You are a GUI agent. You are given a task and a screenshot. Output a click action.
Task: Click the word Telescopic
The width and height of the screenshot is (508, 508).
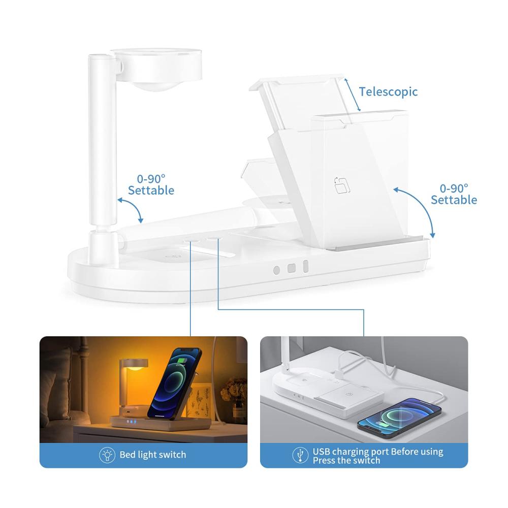388,91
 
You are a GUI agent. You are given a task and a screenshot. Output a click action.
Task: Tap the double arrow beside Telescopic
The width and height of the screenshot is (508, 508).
352,94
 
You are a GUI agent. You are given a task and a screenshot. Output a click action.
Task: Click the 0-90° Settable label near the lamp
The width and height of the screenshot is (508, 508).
151,185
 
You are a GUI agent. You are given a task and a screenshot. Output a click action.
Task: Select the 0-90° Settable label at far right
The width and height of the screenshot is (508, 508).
454,194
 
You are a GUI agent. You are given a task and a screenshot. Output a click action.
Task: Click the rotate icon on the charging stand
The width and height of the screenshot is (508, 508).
342,185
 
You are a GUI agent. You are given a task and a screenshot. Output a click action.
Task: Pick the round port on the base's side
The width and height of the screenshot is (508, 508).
276,270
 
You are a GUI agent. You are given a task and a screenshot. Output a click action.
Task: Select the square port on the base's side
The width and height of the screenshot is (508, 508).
292,268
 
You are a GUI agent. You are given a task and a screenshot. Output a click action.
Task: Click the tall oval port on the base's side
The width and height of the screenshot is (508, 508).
305,267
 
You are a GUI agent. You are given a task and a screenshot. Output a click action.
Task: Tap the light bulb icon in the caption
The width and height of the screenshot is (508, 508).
107,455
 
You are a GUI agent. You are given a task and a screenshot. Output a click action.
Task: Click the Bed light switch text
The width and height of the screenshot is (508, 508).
153,455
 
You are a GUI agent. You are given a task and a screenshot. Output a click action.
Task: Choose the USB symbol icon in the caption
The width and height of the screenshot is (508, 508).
300,455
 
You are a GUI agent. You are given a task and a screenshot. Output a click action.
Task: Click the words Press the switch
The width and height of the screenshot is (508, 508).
346,460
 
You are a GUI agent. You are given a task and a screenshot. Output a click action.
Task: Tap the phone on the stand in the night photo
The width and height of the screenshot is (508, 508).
175,383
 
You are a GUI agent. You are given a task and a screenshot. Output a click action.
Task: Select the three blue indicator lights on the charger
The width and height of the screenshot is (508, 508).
131,422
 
